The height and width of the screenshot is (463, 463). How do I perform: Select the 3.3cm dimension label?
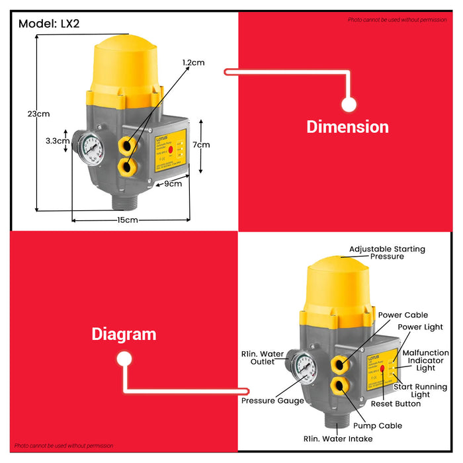(x=58, y=141)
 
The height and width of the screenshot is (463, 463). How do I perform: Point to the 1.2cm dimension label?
(x=194, y=62)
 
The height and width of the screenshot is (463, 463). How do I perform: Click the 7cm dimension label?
(x=201, y=144)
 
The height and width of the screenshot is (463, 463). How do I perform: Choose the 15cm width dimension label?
(x=128, y=220)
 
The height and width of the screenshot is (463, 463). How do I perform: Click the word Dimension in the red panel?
(x=347, y=127)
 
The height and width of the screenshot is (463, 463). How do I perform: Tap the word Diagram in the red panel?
(x=124, y=334)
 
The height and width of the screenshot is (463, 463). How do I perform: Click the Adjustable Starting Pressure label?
(x=387, y=253)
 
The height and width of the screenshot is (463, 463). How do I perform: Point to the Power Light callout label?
(x=420, y=327)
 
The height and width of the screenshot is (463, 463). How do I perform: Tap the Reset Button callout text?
(x=396, y=403)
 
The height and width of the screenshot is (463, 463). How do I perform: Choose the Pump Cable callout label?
(x=377, y=425)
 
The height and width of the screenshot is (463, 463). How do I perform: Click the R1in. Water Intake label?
(x=338, y=439)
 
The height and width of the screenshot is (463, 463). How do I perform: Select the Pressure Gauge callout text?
(x=273, y=400)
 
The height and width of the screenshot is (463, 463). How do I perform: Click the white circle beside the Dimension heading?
(x=349, y=105)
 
